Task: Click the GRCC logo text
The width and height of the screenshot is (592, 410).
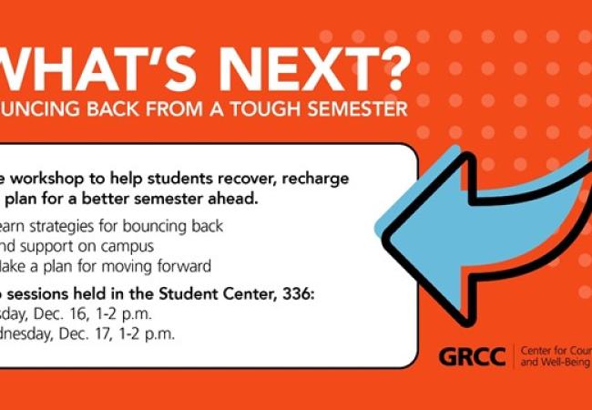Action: pyautogui.click(x=473, y=356)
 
